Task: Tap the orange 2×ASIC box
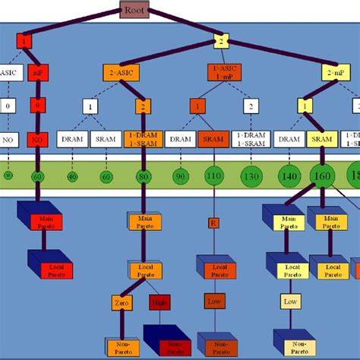pos(122,73)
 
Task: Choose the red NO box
pos(36,139)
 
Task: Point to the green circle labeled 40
pos(72,176)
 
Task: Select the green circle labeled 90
pos(181,176)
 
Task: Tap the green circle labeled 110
pos(214,176)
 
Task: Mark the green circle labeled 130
pos(251,176)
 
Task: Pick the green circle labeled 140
pos(288,176)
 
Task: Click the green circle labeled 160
pos(324,176)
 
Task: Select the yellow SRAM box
pos(323,139)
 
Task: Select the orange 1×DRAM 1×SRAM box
pos(145,139)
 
